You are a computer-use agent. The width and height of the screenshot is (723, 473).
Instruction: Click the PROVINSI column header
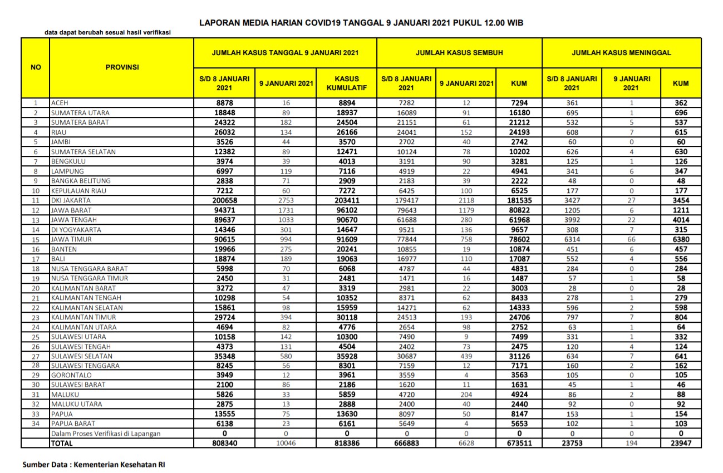[x=122, y=67]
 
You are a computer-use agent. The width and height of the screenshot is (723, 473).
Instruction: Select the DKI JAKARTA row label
[x=71, y=200]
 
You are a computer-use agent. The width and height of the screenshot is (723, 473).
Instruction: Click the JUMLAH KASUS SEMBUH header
[x=459, y=53]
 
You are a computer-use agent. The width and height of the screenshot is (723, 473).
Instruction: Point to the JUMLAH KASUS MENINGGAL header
[x=621, y=53]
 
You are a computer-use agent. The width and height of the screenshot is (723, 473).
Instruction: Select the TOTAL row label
[x=62, y=444]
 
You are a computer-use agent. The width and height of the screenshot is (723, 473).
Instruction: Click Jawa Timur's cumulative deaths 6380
[x=680, y=239]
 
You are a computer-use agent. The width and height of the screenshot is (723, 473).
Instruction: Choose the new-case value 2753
[x=286, y=200]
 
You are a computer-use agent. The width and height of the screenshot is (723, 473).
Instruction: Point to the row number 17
[x=36, y=259]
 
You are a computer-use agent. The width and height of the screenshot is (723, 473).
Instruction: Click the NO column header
[x=36, y=67]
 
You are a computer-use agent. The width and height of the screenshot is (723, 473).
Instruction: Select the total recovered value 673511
[x=519, y=444]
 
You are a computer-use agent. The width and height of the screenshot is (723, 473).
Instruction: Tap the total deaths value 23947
[x=680, y=444]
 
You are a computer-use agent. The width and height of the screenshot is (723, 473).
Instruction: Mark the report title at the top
[x=361, y=23]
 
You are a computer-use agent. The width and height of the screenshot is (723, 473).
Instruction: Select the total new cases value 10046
[x=286, y=444]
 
